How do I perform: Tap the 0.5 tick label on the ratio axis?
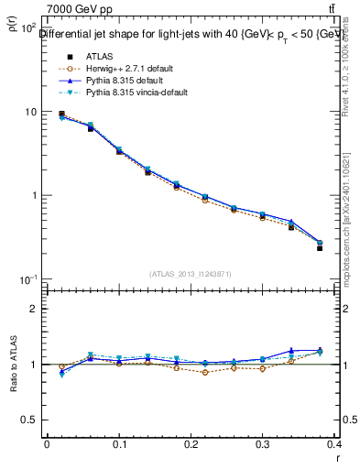27,420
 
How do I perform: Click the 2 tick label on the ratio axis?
33,309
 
